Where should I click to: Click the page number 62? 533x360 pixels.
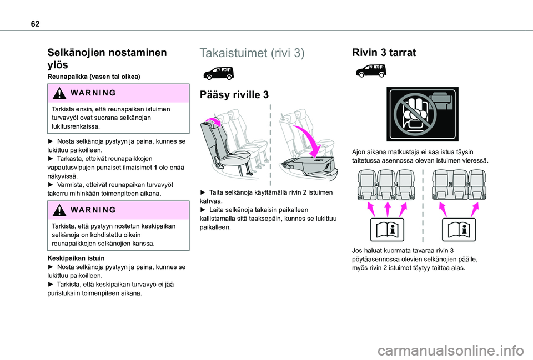pos(35,24)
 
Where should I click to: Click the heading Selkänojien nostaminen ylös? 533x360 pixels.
pos(107,58)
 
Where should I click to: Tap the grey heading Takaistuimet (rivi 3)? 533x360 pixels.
pos(252,53)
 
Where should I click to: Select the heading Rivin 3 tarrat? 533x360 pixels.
pos(384,53)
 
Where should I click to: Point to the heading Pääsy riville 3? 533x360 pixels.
pos(234,95)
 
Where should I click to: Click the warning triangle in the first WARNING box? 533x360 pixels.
pos(59,93)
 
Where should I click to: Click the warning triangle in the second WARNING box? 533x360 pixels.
pos(59,210)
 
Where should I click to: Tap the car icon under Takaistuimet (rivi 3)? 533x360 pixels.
pos(219,73)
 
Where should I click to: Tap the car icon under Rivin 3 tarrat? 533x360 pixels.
pos(371,71)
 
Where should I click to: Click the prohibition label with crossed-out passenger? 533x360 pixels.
pos(422,114)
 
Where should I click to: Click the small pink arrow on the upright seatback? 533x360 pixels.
pos(213,121)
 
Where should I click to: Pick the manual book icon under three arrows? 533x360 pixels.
pos(387,230)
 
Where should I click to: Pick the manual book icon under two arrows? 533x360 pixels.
pos(459,230)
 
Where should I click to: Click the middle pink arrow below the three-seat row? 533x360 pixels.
pos(388,209)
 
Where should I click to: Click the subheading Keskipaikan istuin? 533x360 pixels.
pos(76,258)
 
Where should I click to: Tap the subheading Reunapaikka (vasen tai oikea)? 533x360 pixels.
pos(94,77)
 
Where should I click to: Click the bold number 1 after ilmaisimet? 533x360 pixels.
pos(155,168)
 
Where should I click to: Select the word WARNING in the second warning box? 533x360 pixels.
pos(93,210)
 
